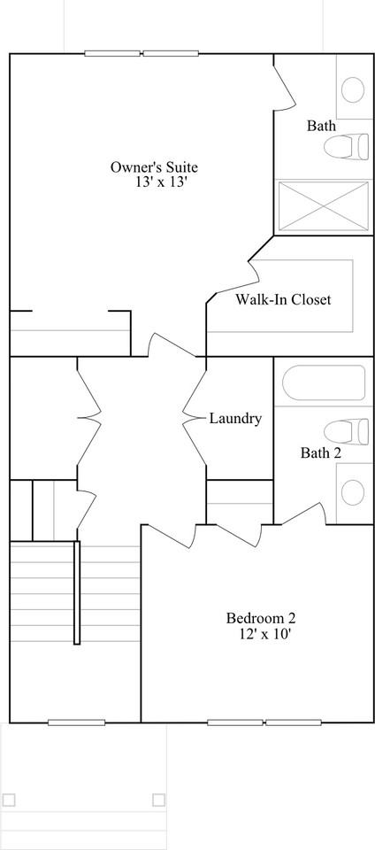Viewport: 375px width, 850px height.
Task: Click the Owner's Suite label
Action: [154, 167]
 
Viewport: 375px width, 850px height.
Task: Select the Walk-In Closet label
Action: [282, 299]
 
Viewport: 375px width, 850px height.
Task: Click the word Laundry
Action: [236, 419]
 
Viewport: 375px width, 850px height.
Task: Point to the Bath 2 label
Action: [321, 452]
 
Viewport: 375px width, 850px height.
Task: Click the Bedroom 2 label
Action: [261, 618]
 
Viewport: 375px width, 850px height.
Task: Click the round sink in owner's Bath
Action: [354, 89]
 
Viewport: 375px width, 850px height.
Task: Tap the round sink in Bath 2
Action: [354, 491]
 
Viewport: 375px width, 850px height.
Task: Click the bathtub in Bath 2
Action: [324, 382]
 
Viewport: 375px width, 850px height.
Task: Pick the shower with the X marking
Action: [323, 206]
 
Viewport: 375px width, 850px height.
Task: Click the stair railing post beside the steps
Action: [77, 592]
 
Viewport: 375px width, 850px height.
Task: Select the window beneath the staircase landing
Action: [76, 722]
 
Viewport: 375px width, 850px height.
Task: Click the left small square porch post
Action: [9, 800]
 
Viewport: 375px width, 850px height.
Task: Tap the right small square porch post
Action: [158, 800]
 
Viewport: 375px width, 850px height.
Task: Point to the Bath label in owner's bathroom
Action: [321, 126]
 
